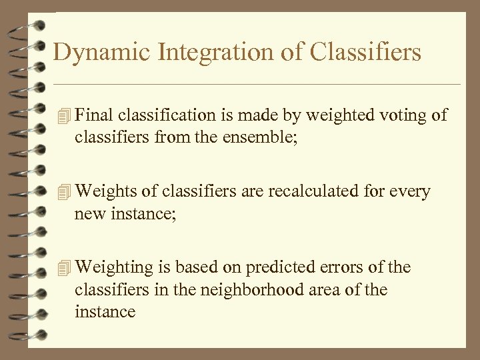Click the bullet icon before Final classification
tap(63, 116)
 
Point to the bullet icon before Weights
tap(63, 192)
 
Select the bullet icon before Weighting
tap(63, 268)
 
